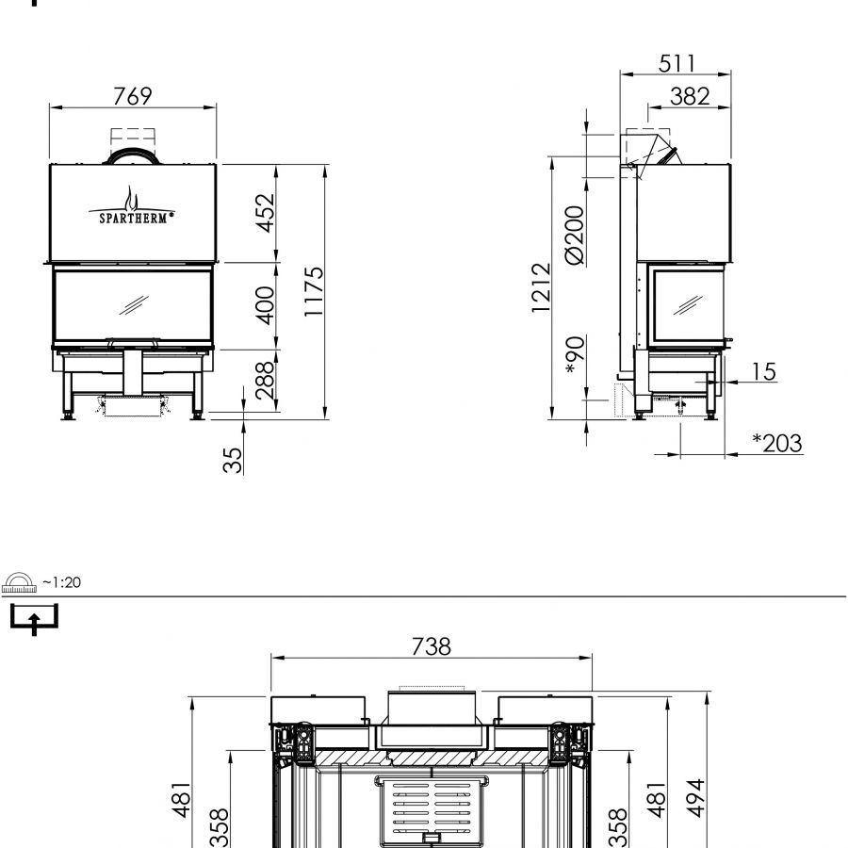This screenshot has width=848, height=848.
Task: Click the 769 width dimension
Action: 133,96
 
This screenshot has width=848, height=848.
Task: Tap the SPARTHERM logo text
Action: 133,218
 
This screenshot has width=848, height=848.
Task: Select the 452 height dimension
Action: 266,213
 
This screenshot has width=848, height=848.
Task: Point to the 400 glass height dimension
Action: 266,305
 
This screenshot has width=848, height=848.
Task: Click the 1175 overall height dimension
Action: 314,291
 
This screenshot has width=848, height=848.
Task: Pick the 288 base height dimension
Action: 265,381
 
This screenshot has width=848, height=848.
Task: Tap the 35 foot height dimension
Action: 233,460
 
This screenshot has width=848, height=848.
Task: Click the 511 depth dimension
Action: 676,64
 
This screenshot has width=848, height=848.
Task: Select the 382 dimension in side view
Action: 690,97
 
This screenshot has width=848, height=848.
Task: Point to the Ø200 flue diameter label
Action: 575,236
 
